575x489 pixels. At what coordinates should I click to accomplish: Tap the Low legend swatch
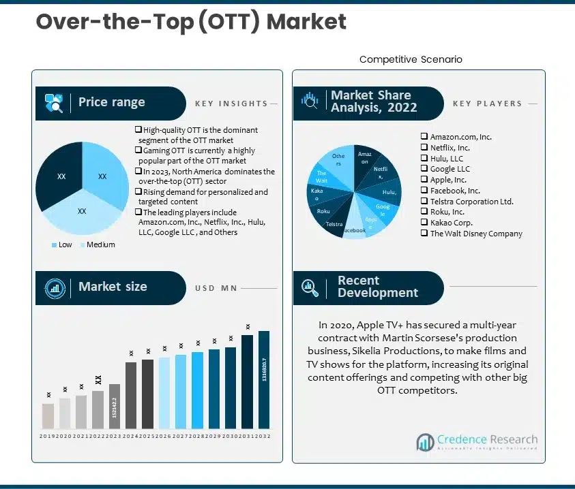tap(55, 245)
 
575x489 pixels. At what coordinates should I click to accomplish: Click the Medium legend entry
tap(100, 245)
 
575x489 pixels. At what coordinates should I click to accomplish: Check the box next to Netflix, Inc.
tap(424, 148)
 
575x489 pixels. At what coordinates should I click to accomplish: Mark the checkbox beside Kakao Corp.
tap(424, 223)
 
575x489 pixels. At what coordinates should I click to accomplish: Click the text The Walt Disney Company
tap(476, 234)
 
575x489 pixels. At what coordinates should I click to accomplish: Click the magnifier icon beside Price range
tap(54, 104)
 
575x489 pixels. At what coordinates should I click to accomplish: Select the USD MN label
tap(216, 288)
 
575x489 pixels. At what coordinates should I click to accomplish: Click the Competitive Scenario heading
tap(411, 59)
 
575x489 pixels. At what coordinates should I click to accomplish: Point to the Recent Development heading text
tap(377, 287)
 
